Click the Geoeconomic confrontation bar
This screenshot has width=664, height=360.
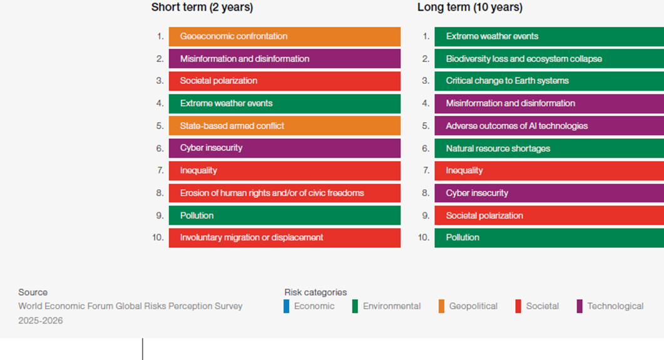285,36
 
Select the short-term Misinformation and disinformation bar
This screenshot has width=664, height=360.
285,58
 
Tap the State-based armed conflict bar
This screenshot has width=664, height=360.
285,126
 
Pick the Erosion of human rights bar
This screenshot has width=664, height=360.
285,193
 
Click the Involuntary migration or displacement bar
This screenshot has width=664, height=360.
285,238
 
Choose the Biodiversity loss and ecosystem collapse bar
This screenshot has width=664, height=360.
549,58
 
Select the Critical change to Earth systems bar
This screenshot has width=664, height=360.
549,81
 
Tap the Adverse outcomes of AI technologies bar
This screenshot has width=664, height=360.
549,126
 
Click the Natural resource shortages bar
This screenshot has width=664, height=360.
549,148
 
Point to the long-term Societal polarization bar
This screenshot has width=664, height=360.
549,215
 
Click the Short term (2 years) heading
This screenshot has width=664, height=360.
202,8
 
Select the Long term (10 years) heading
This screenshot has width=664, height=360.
470,8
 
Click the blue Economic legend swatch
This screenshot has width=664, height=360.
287,306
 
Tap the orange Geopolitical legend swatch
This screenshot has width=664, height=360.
441,306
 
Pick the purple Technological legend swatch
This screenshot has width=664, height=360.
580,306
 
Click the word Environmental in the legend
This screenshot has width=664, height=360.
392,306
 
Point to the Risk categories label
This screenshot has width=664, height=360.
315,292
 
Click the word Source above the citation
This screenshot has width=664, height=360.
33,292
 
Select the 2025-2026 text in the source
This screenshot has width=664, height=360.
40,321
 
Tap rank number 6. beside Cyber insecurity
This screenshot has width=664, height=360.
160,148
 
